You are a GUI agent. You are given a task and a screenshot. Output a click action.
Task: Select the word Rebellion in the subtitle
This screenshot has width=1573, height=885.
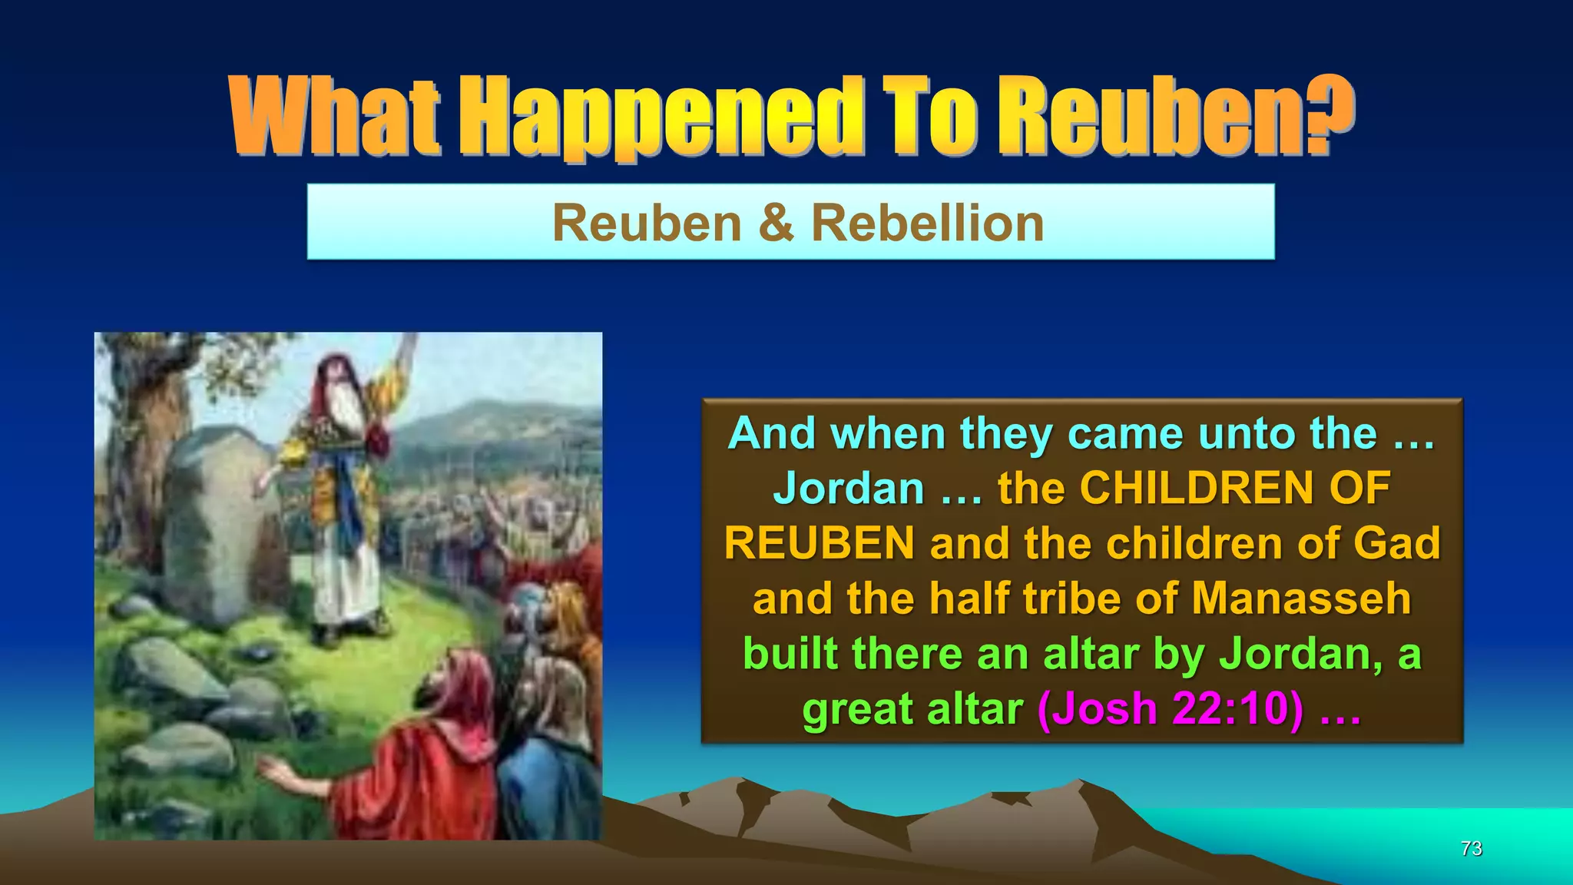(927, 224)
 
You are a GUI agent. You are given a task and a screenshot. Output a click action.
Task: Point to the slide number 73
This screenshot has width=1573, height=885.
(1471, 849)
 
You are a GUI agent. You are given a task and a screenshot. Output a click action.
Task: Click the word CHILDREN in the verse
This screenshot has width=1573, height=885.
(1187, 489)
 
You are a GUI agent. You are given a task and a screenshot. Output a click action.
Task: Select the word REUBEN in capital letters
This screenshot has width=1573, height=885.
(819, 543)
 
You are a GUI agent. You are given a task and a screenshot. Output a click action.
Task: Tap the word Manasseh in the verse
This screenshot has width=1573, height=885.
(1301, 598)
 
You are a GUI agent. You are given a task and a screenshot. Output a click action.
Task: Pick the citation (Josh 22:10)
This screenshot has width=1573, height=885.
(1170, 708)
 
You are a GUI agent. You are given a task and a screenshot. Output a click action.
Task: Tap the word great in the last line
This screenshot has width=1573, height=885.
(859, 708)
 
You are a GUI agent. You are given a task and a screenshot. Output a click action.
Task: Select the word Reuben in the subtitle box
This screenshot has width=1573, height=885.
(647, 224)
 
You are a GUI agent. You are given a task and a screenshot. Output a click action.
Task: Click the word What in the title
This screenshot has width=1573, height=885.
(335, 117)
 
